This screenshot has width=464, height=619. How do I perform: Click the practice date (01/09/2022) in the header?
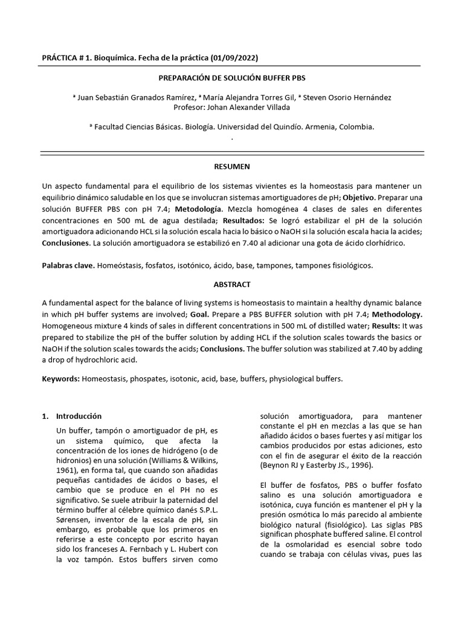(x=236, y=57)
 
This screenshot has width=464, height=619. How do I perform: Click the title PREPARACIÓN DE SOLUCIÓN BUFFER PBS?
(x=231, y=79)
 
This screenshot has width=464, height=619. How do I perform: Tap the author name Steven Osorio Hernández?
(x=344, y=98)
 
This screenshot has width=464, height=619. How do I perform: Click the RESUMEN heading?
(x=231, y=166)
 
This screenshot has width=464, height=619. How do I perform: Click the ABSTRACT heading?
(x=231, y=284)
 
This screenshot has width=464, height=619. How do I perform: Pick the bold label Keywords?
(x=60, y=379)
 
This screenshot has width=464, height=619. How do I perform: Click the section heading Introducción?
(x=79, y=416)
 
